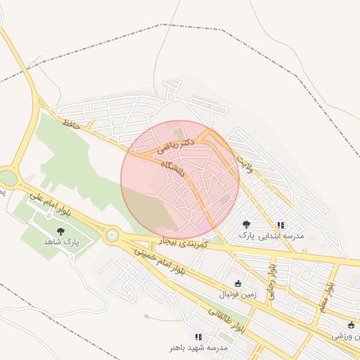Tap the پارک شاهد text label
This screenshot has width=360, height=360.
point(61,241)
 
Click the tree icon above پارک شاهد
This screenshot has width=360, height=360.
point(60,230)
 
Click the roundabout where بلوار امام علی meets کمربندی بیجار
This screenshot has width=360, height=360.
point(110,236)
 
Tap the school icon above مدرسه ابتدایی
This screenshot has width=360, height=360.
point(281,225)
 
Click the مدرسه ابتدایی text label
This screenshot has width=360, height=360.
point(281,236)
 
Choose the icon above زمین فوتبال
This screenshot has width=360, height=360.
point(238,283)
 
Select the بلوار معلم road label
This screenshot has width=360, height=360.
point(326,295)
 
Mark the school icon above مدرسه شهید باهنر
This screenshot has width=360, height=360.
point(198,337)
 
